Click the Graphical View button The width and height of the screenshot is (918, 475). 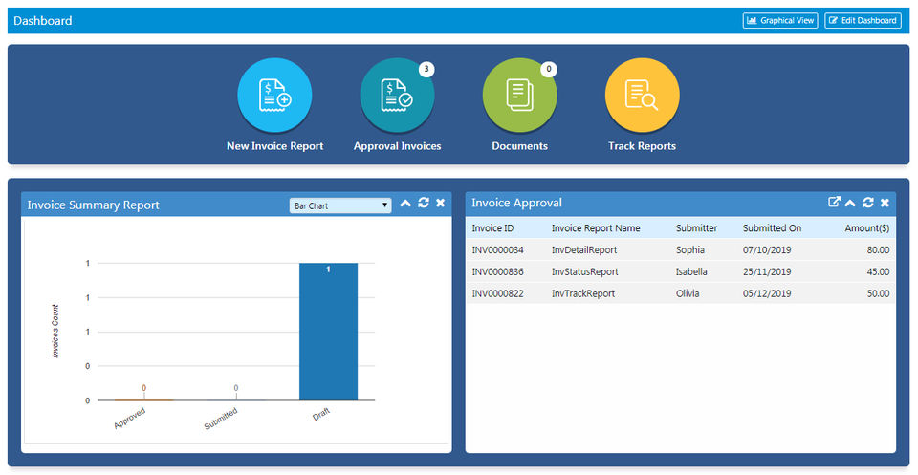pos(780,20)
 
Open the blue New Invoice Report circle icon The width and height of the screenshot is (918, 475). pos(274,95)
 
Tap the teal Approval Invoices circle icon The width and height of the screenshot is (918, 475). pos(397,95)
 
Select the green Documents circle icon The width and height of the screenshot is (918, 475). pos(519,95)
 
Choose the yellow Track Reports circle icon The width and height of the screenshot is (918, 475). pos(642,95)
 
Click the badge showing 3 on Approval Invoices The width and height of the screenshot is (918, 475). pos(426,69)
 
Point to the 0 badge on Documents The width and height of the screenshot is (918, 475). pos(549,69)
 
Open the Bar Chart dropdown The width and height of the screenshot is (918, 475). pos(340,205)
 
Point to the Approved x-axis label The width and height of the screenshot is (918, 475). pos(129,418)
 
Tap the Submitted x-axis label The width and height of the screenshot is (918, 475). pos(221,419)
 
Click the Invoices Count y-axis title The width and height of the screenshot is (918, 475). pos(55,331)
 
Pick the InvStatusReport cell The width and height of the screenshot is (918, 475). pos(584,271)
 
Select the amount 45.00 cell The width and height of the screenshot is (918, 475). pos(876,271)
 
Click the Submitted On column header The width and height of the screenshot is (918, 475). pos(772,228)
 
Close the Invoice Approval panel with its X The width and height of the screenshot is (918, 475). pos(885,203)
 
